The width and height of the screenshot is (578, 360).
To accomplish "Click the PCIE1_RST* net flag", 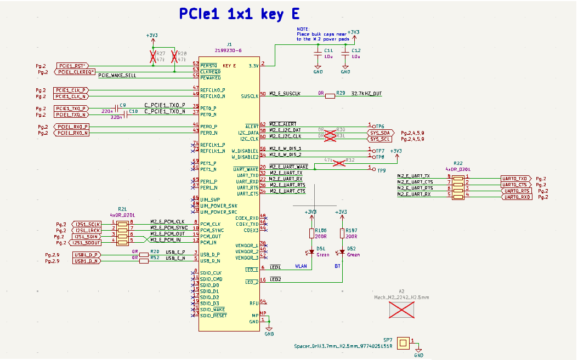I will coord(71,65).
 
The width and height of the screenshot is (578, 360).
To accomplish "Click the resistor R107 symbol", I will coord(342,234).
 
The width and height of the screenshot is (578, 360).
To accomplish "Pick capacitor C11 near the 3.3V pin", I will coord(317,54).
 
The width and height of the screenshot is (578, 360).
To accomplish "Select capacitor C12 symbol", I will coord(345,54).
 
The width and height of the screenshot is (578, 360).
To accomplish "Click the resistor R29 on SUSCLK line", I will coord(330,96).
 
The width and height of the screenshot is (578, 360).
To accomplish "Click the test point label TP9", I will coord(381,170).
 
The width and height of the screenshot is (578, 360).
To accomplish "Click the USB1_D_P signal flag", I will coord(86,255).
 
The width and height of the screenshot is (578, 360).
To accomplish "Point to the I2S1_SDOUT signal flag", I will coord(86,242).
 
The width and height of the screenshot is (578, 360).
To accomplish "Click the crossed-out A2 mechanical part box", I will coord(401,310).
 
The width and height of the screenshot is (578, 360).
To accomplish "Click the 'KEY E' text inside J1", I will coord(229,66).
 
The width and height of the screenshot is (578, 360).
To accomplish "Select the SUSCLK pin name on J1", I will coord(249,96).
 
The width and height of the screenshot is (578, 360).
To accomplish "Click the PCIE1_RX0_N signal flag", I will coord(72,133).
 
